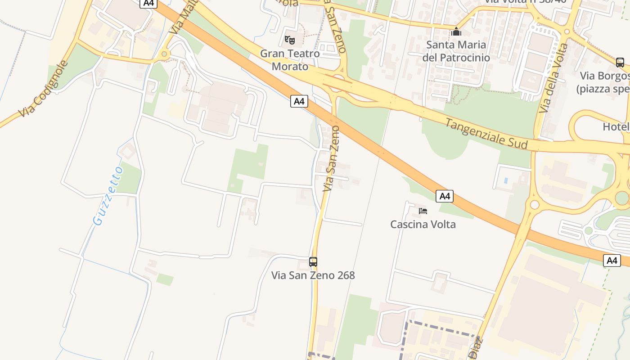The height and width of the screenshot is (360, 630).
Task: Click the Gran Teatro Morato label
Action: coord(290,60)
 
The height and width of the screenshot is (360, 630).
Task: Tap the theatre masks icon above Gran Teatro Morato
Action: coord(290,40)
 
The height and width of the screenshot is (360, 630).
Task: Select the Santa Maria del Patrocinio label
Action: coord(456,51)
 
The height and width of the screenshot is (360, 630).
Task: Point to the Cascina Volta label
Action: coord(423,224)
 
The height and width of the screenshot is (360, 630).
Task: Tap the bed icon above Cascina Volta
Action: coord(423,211)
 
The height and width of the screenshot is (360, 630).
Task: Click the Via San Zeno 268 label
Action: coord(313,275)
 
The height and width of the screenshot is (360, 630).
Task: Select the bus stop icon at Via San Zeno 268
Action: coord(313,261)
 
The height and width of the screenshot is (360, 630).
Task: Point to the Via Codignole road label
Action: coord(44,89)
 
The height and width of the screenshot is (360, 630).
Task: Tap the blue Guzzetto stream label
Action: coord(108,195)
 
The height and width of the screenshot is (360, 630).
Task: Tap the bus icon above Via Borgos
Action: coord(620,62)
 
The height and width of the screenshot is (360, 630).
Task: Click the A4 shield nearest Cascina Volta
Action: coord(444,196)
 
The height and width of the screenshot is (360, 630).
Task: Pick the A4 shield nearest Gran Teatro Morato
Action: coord(299,101)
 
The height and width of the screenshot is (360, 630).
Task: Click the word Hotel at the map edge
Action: coord(616,127)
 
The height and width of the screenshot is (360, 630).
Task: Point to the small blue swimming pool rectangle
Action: coord(506,180)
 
